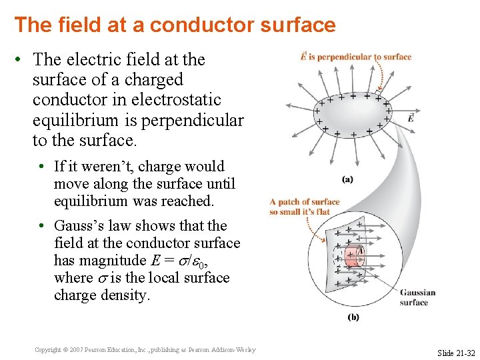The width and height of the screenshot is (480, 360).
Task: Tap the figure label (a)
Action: (x=347, y=179)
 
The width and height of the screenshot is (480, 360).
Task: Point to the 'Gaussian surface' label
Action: (x=417, y=297)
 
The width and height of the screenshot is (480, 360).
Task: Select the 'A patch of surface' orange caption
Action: (x=305, y=202)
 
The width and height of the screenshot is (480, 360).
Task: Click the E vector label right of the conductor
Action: (x=409, y=118)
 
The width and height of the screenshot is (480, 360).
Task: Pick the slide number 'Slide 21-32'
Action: (x=456, y=352)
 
